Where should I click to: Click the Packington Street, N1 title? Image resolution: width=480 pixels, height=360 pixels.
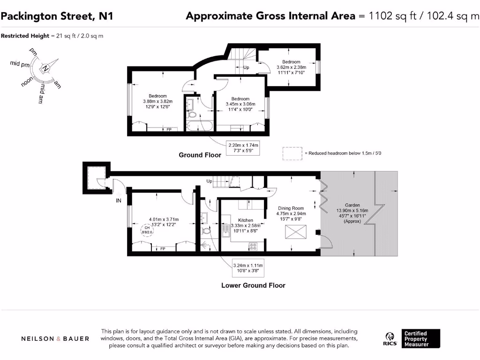pyautogui.click(x=57, y=16)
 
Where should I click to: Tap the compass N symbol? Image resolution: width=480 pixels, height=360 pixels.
pyautogui.click(x=45, y=68)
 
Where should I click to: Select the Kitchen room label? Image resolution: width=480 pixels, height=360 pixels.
pyautogui.click(x=246, y=220)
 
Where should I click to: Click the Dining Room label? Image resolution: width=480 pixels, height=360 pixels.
pyautogui.click(x=291, y=208)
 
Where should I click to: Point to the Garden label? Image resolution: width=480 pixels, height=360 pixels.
pyautogui.click(x=352, y=205)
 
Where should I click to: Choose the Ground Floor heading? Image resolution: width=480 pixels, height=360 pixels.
pyautogui.click(x=200, y=155)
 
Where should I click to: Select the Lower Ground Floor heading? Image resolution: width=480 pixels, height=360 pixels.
pyautogui.click(x=253, y=285)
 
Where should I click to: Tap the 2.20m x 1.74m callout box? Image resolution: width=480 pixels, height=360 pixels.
pyautogui.click(x=243, y=149)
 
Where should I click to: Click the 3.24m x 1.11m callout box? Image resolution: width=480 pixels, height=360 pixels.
pyautogui.click(x=249, y=268)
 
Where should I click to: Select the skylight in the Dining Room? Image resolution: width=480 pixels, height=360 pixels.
pyautogui.click(x=295, y=231)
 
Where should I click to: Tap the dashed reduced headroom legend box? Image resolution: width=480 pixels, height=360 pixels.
pyautogui.click(x=292, y=153)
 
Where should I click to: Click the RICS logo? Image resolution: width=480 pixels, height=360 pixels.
pyautogui.click(x=390, y=338)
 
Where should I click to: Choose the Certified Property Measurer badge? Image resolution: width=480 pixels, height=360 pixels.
pyautogui.click(x=421, y=338)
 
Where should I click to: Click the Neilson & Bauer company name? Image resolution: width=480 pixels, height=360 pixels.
pyautogui.click(x=55, y=338)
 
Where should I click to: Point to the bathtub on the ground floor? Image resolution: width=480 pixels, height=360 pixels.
pyautogui.click(x=199, y=126)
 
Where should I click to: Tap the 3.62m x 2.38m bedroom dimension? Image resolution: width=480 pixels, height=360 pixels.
pyautogui.click(x=291, y=67)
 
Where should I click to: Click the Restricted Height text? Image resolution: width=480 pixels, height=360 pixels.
pyautogui.click(x=52, y=36)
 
